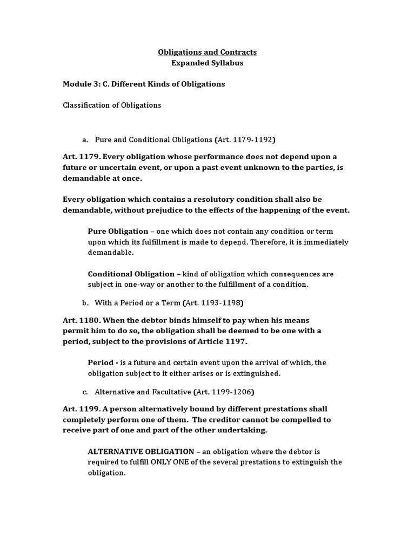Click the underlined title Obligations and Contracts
(x=207, y=52)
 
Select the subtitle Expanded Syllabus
(x=207, y=63)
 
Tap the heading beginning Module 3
(x=144, y=84)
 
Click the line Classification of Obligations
(x=112, y=105)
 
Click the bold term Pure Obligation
(x=118, y=231)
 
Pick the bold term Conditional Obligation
(x=131, y=274)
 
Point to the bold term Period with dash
(x=103, y=362)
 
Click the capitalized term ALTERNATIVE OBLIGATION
(x=141, y=451)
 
